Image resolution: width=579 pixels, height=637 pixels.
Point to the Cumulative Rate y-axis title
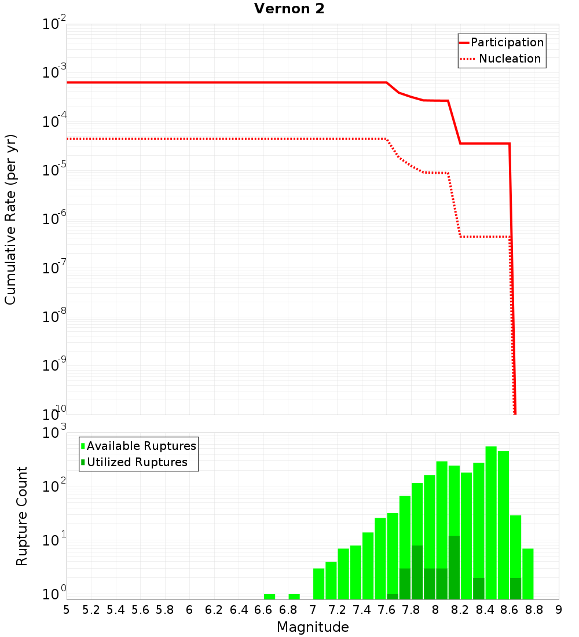point(10,219)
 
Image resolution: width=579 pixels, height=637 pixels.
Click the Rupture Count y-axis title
point(22,516)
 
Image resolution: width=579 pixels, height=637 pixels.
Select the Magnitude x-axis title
point(313,627)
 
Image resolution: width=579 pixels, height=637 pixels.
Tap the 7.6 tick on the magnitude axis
point(386,610)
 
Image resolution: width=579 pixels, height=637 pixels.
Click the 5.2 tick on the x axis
point(91,610)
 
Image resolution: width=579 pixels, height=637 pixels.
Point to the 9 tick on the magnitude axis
point(559,610)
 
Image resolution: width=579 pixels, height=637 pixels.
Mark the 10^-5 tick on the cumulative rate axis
point(55,170)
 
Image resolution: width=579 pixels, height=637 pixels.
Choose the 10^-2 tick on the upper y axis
point(55,24)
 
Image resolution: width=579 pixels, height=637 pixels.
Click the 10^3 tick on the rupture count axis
point(55,433)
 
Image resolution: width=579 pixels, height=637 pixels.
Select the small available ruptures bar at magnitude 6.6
point(269,596)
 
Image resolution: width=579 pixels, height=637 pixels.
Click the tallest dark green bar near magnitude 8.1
point(454,568)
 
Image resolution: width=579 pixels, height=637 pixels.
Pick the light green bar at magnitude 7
point(318,584)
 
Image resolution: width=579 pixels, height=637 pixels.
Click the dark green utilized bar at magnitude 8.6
point(515,588)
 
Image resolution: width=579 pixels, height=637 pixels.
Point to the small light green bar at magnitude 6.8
point(294,596)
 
